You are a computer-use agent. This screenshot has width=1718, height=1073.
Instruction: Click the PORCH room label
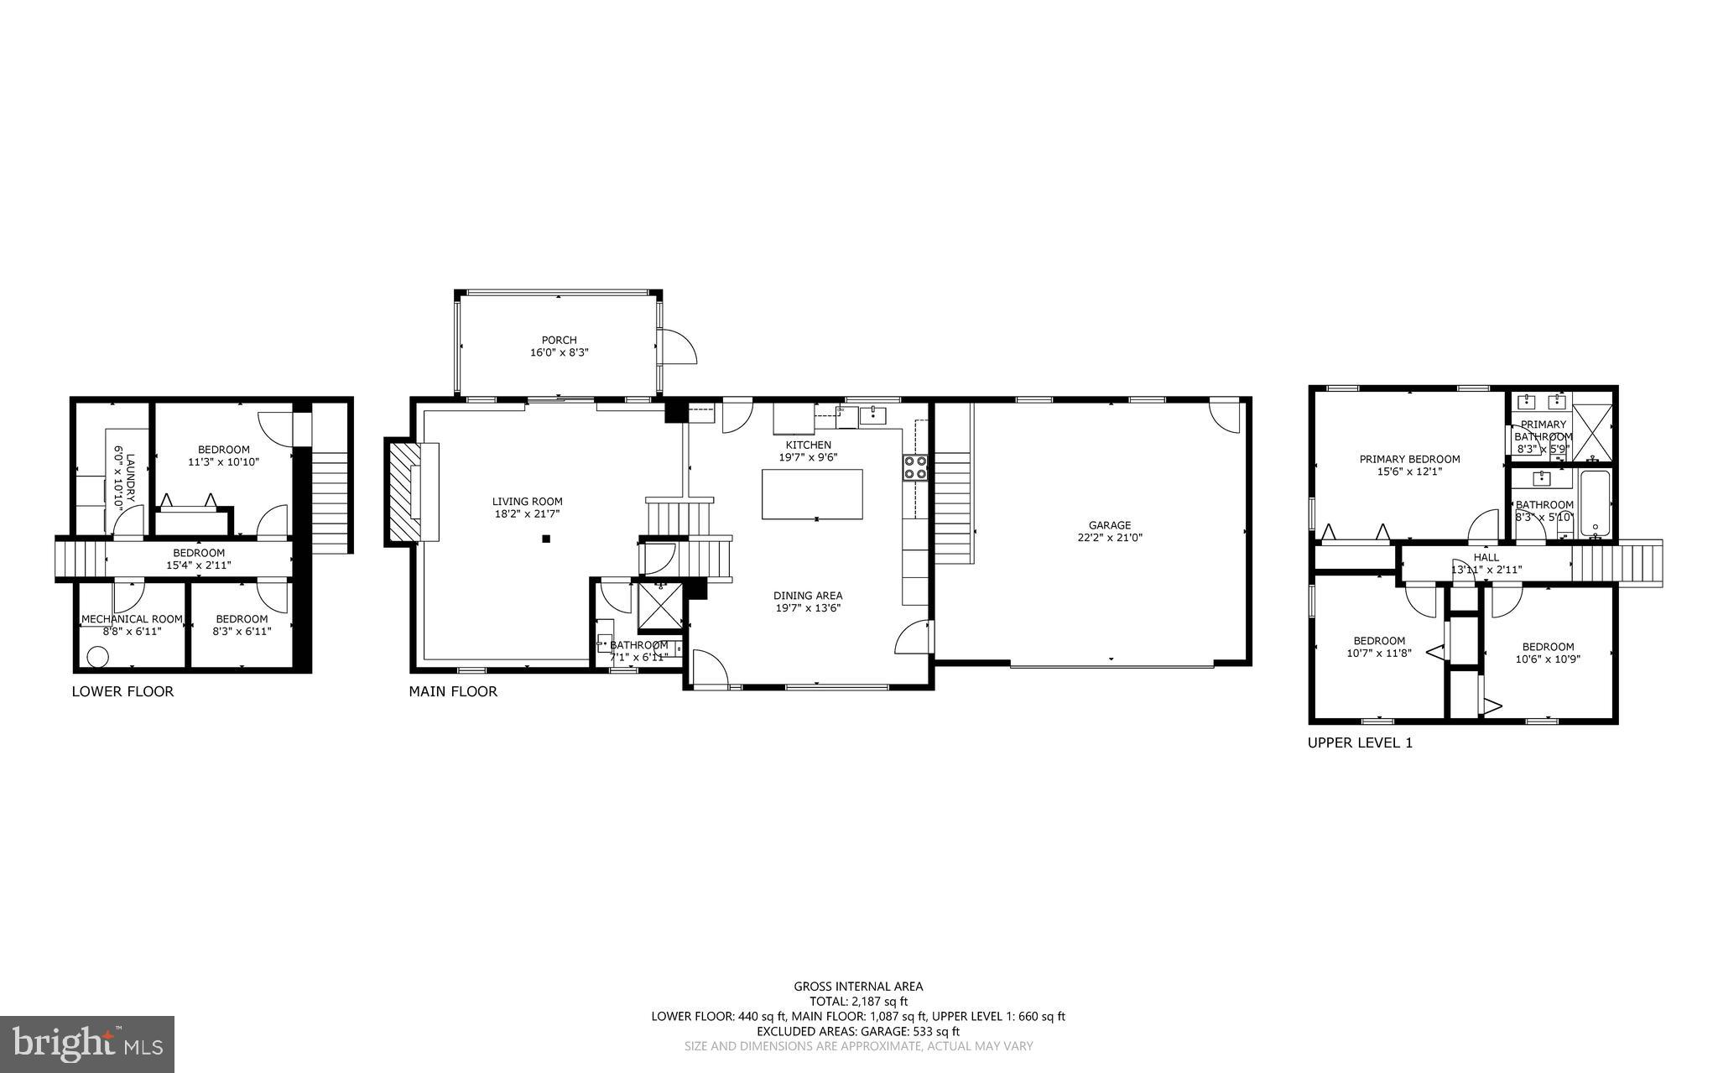[559, 340]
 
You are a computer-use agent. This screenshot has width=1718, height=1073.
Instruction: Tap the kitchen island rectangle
[811, 494]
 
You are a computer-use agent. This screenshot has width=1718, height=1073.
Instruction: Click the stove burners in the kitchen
[915, 467]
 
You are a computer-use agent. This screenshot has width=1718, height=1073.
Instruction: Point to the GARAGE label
[1110, 525]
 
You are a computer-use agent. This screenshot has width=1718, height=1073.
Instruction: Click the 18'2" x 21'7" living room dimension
[527, 513]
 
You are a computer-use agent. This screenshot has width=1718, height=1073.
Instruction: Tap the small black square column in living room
[546, 539]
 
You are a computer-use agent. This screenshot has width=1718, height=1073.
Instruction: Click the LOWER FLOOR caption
[122, 691]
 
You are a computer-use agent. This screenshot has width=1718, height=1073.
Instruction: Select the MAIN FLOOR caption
[453, 691]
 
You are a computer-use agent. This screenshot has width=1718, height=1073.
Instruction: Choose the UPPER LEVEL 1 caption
[1360, 742]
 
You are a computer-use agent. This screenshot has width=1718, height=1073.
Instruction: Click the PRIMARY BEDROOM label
[1409, 459]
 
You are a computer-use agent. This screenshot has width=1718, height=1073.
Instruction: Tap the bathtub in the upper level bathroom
[1595, 503]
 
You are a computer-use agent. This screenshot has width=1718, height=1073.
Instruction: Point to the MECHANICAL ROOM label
[132, 619]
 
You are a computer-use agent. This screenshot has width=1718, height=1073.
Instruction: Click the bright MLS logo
[87, 1044]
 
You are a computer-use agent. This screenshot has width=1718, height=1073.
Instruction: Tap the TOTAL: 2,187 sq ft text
[858, 1001]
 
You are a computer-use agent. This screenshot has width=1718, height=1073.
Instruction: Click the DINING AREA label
[808, 596]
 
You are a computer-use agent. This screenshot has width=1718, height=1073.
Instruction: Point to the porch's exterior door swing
[678, 346]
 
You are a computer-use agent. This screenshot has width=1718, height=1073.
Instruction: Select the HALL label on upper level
[1486, 557]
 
